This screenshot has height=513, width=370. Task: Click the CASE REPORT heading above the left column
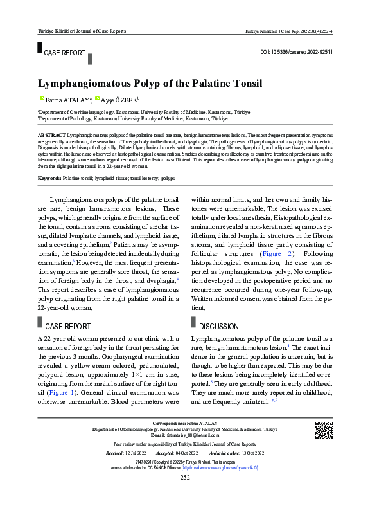point(67,326)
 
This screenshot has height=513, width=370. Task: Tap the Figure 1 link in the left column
point(60,392)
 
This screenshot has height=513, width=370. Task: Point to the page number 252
point(185,495)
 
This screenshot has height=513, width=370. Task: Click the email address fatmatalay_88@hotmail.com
point(189,435)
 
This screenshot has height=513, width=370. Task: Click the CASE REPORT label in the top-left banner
point(65,53)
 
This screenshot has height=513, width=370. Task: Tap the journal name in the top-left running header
point(82,31)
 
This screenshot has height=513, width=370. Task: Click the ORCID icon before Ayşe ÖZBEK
point(96,99)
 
